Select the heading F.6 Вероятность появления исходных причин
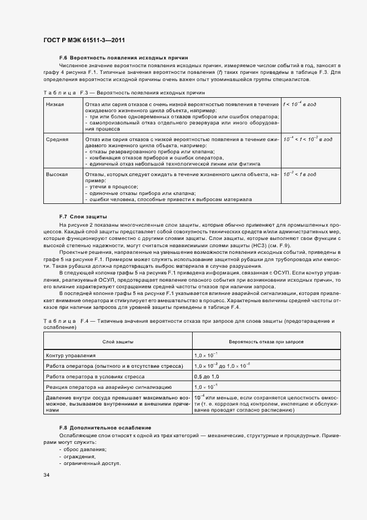tap(123, 57)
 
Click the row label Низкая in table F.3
tap(55, 104)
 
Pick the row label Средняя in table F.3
tap(57, 139)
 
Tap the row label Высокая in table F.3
tap(57, 174)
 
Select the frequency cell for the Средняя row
tap(308, 139)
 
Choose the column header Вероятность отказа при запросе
tap(267, 341)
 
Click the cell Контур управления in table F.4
tap(71, 355)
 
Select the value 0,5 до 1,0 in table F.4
tap(206, 376)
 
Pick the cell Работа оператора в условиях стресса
tap(98, 376)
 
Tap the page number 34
tap(46, 475)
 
